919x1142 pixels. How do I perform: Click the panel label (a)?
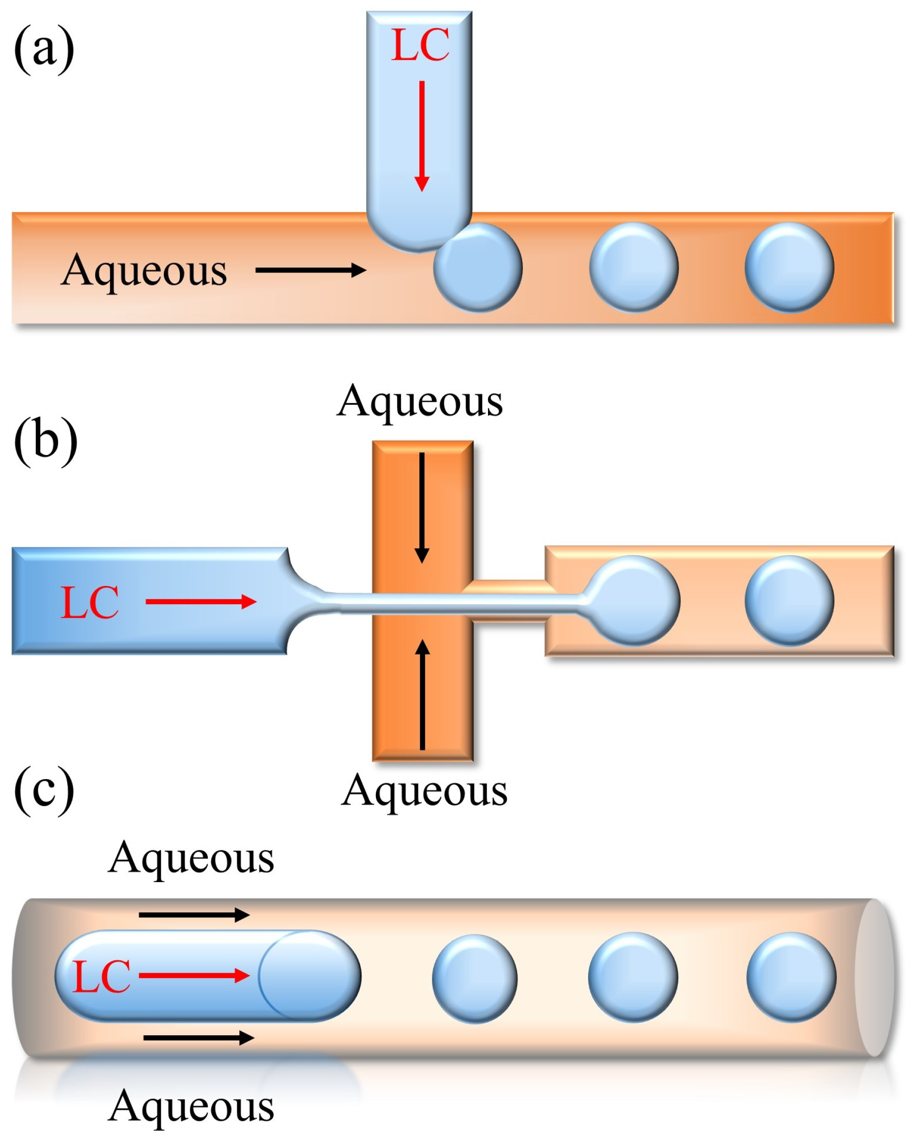[x=44, y=49]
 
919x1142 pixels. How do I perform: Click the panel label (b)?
[x=45, y=441]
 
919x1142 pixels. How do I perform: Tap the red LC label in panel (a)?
[x=420, y=45]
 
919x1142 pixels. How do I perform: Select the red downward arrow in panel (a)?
[x=422, y=136]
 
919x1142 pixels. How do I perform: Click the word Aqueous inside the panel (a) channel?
[x=144, y=270]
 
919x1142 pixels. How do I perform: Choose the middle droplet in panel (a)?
[x=633, y=267]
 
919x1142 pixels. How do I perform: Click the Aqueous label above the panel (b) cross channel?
[x=419, y=401]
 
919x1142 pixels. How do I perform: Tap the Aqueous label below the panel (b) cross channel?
[x=424, y=790]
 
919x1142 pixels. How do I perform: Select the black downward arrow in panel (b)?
[x=422, y=507]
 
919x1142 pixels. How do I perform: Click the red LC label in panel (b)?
[x=89, y=602]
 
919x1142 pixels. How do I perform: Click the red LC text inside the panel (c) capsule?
[x=101, y=976]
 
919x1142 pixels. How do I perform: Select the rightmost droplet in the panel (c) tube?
[x=791, y=977]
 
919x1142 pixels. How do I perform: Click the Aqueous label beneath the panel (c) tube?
[x=191, y=1106]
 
